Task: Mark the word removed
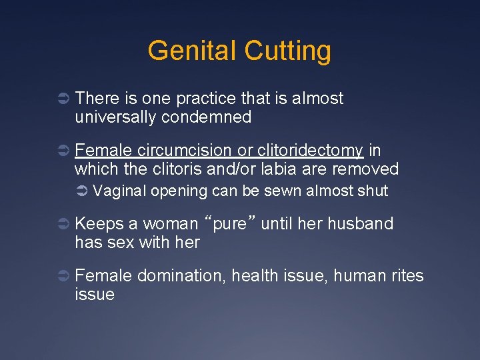point(365,169)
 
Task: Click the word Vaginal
point(120,191)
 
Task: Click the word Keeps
point(97,223)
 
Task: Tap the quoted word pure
point(230,223)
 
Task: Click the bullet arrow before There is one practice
point(61,99)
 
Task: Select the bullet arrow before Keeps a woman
point(61,225)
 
